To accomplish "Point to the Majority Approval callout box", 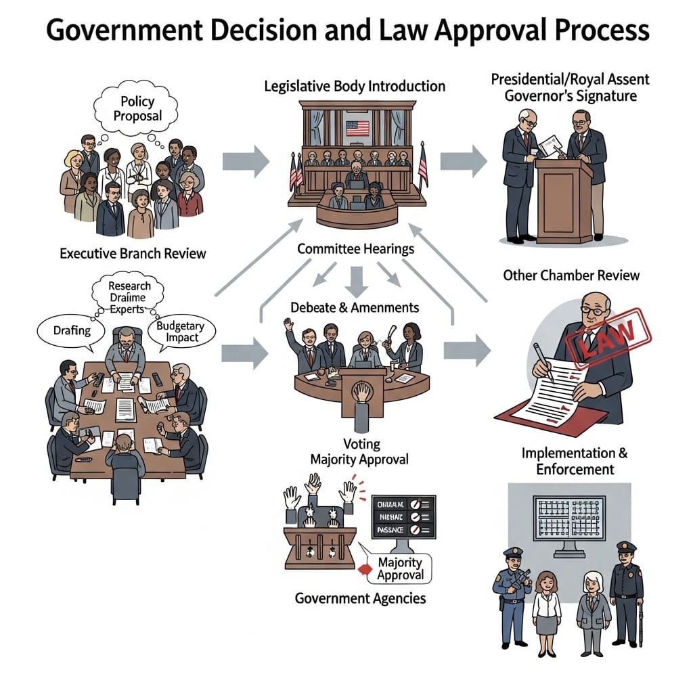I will [400, 568].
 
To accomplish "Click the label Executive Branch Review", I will [133, 254].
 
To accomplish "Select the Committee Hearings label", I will [355, 249].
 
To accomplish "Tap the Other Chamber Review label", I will [571, 275].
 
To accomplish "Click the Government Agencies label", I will [360, 598].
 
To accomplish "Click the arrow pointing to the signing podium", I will [464, 161].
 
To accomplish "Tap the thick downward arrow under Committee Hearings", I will [356, 277].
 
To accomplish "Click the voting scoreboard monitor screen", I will [403, 517].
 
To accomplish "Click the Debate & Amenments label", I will [355, 307].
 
